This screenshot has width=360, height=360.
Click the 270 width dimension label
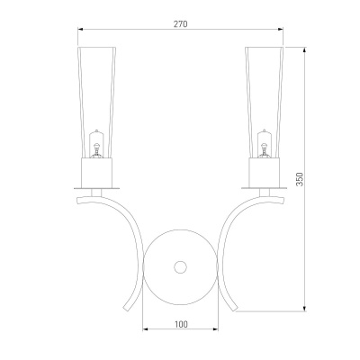pos(180,24)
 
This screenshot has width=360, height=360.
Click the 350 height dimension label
pos(300,179)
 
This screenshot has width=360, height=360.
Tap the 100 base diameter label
pos(181,324)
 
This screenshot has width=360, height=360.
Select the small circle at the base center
pos(180,267)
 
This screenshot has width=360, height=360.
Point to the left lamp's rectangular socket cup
pos(96,173)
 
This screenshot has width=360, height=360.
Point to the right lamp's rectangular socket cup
pos(265,173)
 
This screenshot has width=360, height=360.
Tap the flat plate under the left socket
pos(96,188)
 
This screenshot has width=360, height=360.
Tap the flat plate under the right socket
pos(265,188)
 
